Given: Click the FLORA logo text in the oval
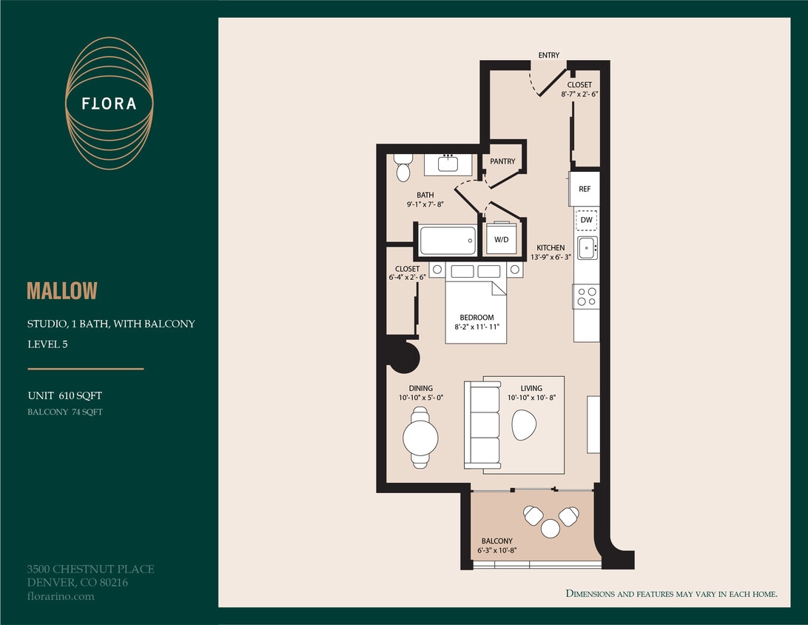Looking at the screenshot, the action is click(109, 104).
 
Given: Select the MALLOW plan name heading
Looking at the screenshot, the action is click(62, 291).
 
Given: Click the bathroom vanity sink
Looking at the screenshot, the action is click(448, 163).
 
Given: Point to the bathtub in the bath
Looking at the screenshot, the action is click(447, 241).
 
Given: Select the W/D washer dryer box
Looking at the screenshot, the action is click(502, 238).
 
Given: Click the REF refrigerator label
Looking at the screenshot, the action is click(585, 190).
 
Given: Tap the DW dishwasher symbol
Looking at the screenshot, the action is click(587, 220).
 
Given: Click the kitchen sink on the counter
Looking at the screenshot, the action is click(588, 248).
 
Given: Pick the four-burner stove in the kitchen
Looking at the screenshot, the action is click(587, 297).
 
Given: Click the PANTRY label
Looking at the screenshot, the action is click(502, 161).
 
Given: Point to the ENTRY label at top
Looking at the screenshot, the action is click(549, 56).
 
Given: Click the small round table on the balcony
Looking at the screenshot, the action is click(551, 528).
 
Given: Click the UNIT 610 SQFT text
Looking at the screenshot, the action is click(64, 396).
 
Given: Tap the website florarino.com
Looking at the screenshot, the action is click(61, 596).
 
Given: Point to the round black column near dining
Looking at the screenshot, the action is click(404, 356).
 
